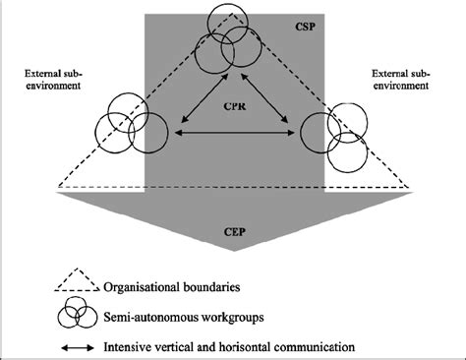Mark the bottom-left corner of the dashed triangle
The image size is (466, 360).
pos(59,186)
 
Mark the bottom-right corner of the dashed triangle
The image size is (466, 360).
pos(409,186)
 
